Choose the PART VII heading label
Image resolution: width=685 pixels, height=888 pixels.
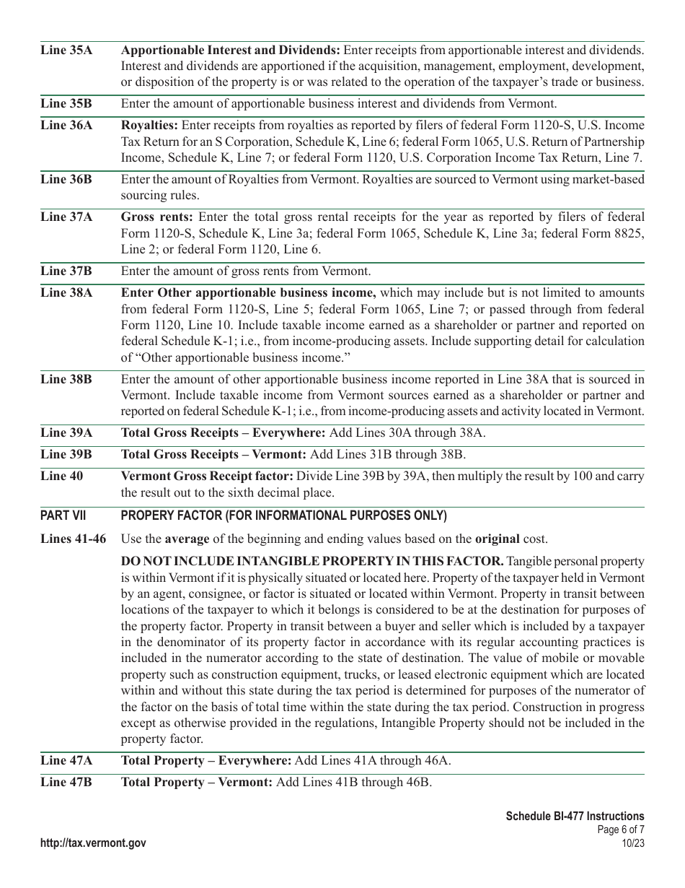pyautogui.click(x=63, y=515)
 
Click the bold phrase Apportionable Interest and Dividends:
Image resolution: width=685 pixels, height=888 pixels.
pyautogui.click(x=231, y=51)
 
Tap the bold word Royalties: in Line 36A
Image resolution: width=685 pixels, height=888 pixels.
pyautogui.click(x=148, y=125)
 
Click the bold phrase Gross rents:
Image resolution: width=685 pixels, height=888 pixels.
pyautogui.click(x=156, y=217)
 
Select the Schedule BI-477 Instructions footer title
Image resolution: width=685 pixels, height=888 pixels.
pyautogui.click(x=575, y=817)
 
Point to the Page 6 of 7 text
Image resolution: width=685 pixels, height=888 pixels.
pyautogui.click(x=621, y=830)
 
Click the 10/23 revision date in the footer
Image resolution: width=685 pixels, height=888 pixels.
pyautogui.click(x=632, y=843)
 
